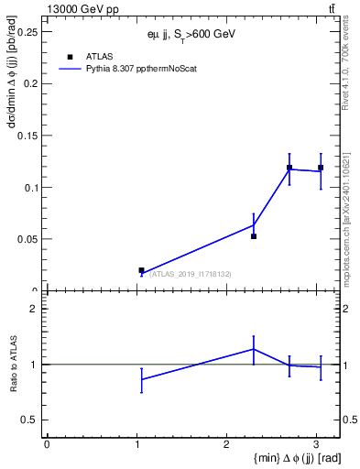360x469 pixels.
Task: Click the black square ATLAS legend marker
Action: [x=70, y=57]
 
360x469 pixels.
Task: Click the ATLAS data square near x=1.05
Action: [x=141, y=270]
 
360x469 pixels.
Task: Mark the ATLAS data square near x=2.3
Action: [x=254, y=236]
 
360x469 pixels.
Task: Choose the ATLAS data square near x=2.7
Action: [x=289, y=168]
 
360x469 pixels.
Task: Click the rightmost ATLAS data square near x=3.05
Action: [x=321, y=168]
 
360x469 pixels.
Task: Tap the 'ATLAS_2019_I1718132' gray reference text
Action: [x=191, y=273]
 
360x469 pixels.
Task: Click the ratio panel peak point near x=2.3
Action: [x=254, y=349]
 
